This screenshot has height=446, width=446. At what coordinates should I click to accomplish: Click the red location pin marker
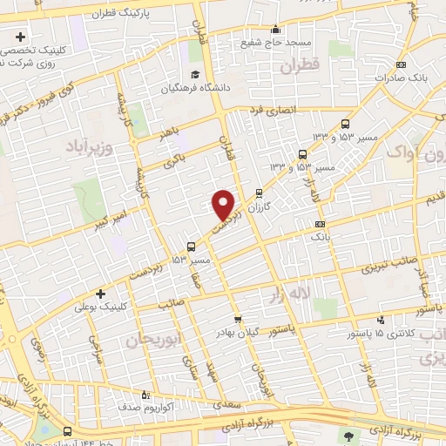224,204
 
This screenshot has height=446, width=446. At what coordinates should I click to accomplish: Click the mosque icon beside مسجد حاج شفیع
276,29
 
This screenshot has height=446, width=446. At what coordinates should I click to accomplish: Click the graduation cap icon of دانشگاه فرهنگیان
196,73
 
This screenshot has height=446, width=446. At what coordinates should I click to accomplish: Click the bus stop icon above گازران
259,194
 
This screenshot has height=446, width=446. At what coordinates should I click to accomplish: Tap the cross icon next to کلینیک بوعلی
100,294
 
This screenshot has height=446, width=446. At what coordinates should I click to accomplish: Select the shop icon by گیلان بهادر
237,320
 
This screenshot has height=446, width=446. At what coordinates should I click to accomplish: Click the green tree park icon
350,435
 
